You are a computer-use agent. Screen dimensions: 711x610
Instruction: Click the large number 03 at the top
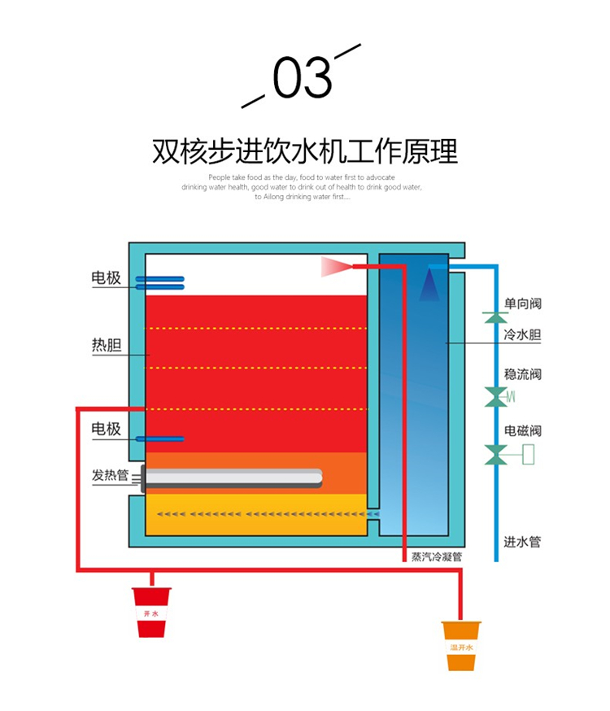click(302, 78)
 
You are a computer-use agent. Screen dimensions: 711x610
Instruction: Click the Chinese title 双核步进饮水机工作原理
click(305, 151)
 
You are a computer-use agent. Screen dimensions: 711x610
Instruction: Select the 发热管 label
click(110, 475)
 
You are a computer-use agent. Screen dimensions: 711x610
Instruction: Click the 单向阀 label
click(523, 303)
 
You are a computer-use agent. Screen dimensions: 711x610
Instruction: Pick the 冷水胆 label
click(523, 334)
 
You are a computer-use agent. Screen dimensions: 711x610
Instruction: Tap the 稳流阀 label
click(523, 375)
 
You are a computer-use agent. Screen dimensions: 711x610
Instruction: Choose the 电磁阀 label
click(523, 430)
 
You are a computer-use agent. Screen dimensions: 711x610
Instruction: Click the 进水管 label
click(523, 542)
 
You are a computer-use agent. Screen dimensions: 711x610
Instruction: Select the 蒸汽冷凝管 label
click(437, 558)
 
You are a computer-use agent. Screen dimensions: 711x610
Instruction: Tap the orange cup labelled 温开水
click(461, 645)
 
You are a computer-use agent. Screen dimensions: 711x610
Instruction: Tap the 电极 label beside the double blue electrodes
click(106, 278)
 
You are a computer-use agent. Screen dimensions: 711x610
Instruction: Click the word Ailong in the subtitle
click(277, 197)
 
